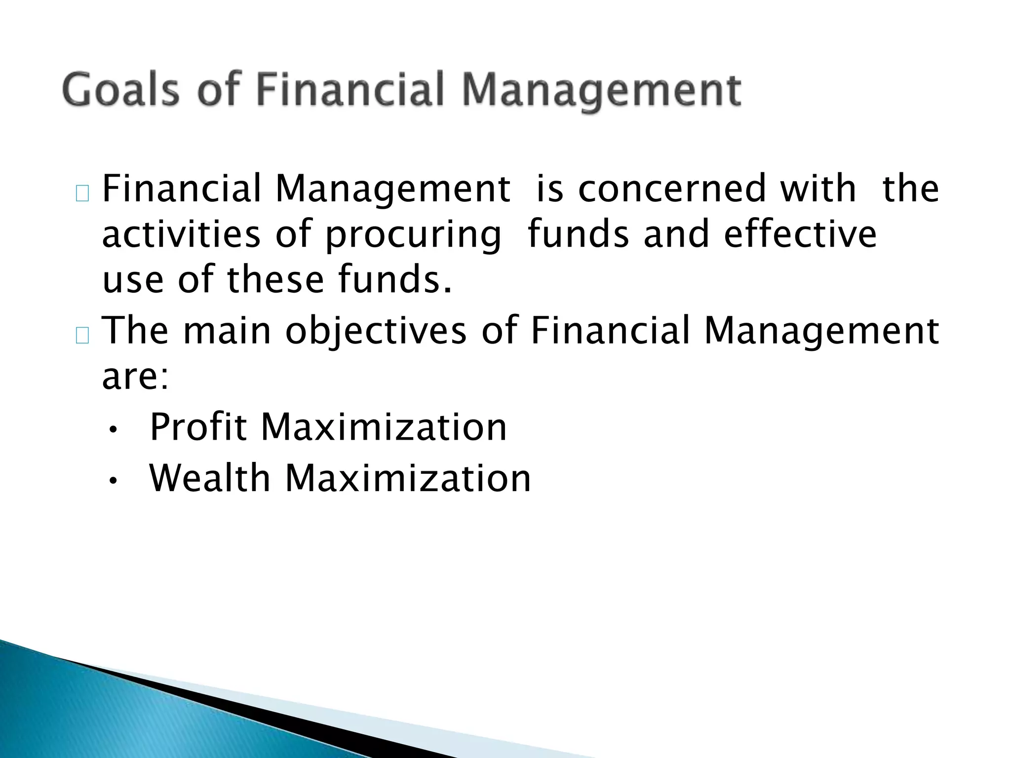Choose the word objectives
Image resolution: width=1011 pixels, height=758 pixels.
click(376, 331)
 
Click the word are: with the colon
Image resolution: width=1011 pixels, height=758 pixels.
click(135, 377)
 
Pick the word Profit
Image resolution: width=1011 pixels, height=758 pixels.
click(197, 427)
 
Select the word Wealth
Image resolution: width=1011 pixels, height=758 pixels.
click(210, 478)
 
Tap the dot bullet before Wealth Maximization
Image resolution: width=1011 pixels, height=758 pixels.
click(113, 481)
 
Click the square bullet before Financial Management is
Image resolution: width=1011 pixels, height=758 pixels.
click(82, 194)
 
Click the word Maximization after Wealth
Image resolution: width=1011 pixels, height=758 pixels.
click(408, 478)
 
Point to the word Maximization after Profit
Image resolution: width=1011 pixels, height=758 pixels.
click(384, 427)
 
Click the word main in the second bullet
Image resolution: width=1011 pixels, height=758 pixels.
click(227, 331)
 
